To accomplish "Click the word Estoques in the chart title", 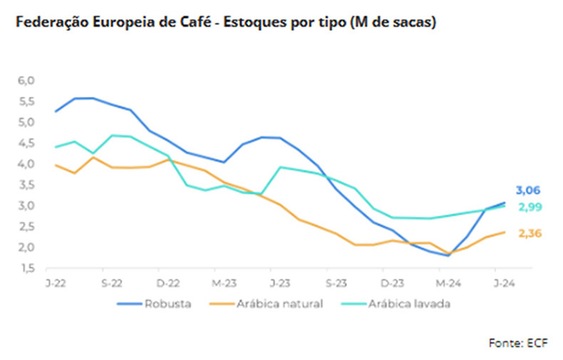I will tap(254, 23).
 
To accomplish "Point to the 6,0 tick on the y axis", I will tap(26, 81).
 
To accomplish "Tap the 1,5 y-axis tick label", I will tap(26, 269).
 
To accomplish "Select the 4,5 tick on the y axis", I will tap(26, 143).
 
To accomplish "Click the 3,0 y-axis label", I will tap(26, 206).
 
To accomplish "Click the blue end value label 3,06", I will tap(528, 190).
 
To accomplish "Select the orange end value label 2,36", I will tap(528, 233).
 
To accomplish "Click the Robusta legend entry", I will tap(167, 304).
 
